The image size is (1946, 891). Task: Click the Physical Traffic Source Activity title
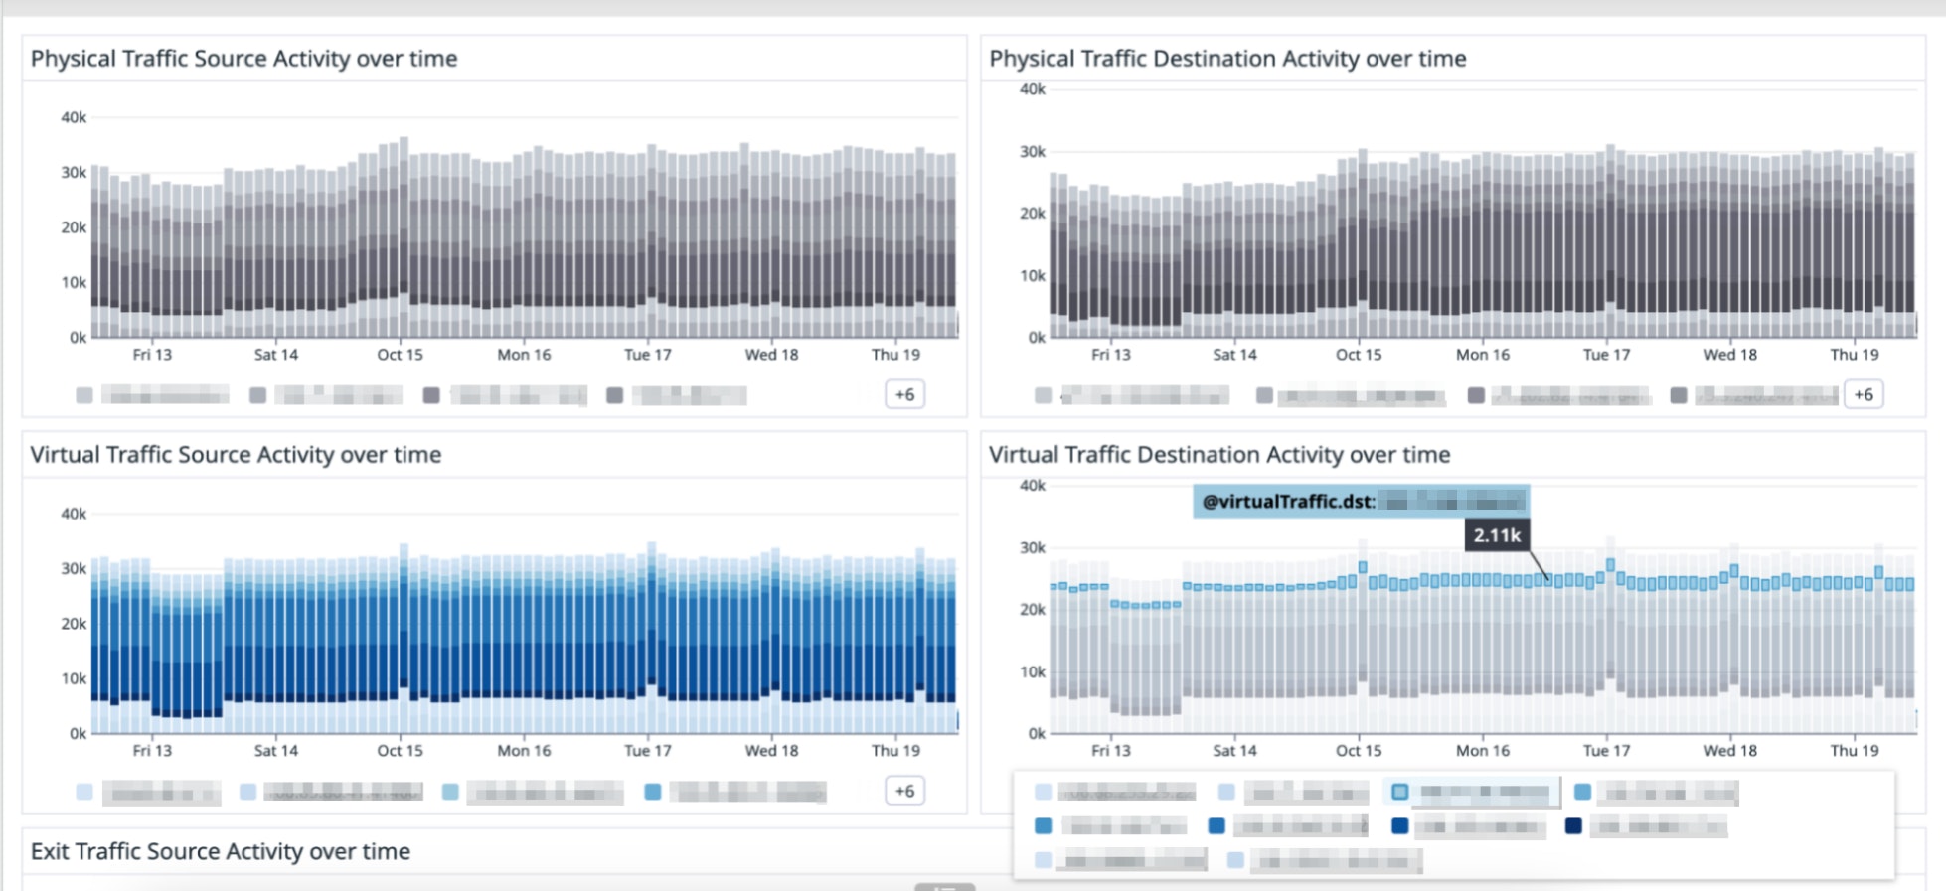tap(243, 59)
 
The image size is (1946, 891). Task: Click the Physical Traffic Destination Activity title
tap(1226, 59)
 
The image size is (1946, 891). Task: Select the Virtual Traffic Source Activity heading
tap(236, 455)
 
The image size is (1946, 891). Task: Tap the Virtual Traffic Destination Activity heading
tap(1218, 455)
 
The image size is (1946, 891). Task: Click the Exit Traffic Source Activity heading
tap(220, 851)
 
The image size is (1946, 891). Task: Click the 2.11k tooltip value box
tap(1497, 535)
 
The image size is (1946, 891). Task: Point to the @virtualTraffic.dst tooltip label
tap(1288, 502)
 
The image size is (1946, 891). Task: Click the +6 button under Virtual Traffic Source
tap(904, 791)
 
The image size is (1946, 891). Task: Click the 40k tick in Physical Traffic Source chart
tap(74, 117)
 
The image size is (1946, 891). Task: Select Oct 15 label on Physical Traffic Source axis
tap(400, 355)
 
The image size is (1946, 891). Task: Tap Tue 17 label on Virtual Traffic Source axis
tap(647, 751)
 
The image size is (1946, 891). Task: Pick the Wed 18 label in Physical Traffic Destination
tap(1729, 355)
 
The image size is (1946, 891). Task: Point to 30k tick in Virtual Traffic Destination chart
tap(1032, 548)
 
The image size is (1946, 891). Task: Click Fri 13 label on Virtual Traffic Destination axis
tap(1110, 751)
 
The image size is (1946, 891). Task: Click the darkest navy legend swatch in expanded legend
tap(1573, 825)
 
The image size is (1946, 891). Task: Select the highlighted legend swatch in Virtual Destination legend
tap(1399, 792)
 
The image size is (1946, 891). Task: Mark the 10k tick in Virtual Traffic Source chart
tap(74, 678)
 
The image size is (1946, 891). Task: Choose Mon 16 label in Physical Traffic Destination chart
tap(1482, 355)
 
